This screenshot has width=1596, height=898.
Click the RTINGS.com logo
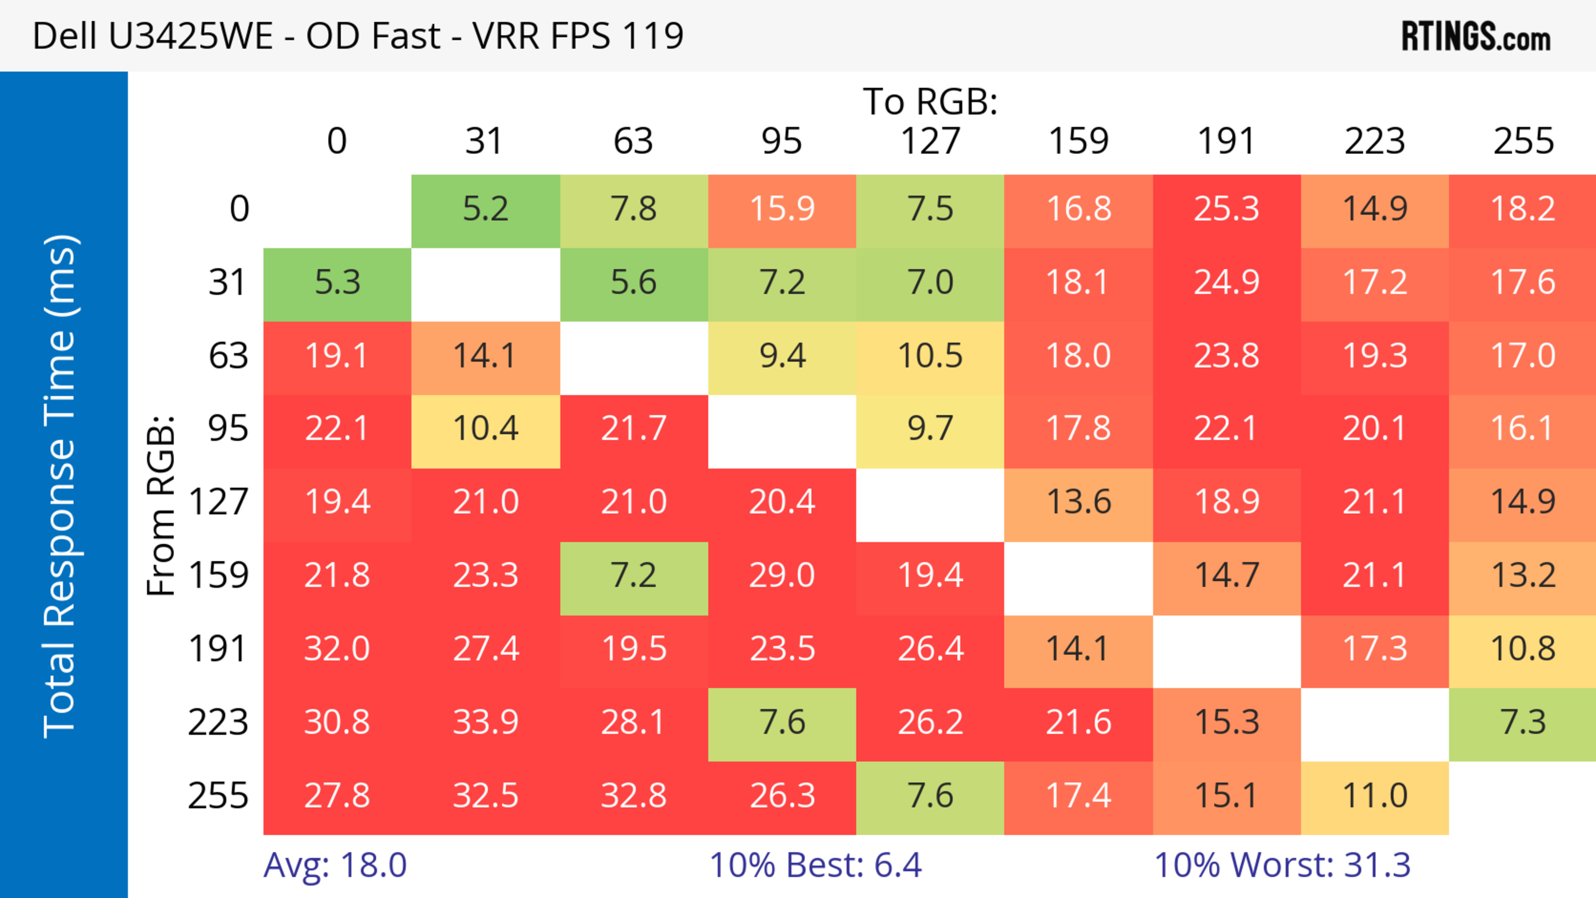pyautogui.click(x=1476, y=36)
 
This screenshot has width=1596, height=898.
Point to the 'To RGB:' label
pyautogui.click(x=930, y=101)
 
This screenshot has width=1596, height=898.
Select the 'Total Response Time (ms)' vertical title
pyautogui.click(x=61, y=486)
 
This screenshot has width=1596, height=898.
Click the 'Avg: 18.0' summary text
pyautogui.click(x=335, y=865)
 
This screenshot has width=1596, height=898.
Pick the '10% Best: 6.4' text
pyautogui.click(x=815, y=865)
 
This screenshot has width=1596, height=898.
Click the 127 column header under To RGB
pyautogui.click(x=930, y=141)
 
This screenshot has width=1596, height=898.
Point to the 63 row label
pyautogui.click(x=228, y=355)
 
